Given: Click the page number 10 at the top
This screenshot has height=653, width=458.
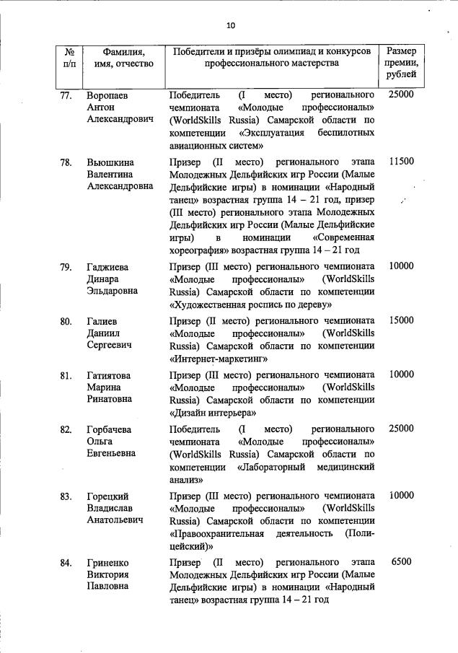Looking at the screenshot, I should pos(230,25).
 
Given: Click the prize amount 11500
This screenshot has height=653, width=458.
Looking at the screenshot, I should pos(401,161).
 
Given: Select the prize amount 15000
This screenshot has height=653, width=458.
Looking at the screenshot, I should pos(401,320).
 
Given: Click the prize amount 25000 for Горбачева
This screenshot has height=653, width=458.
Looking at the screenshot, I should pos(401,429).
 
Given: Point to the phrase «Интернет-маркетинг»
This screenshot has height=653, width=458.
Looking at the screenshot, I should pos(219,357).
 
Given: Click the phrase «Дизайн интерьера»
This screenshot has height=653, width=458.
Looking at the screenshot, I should pos(213,413).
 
